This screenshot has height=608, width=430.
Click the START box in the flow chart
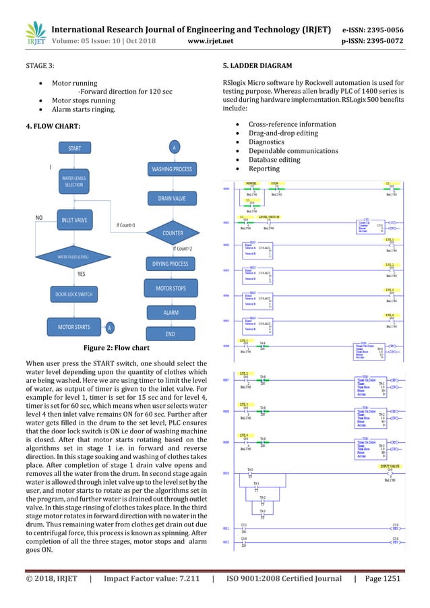tap(74, 148)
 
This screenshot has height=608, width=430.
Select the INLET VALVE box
tap(74, 220)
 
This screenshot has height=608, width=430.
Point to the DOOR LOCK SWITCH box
tap(74, 295)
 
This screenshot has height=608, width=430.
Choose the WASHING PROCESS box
tap(171, 169)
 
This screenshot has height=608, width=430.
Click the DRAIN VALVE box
tap(173, 198)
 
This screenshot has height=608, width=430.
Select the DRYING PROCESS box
tap(171, 264)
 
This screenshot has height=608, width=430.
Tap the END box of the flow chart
tap(171, 334)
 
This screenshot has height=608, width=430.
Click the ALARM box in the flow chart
tap(171, 313)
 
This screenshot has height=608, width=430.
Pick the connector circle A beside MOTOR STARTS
tap(109, 328)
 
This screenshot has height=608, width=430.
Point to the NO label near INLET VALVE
tap(40, 218)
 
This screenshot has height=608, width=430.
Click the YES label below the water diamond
tap(82, 275)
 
